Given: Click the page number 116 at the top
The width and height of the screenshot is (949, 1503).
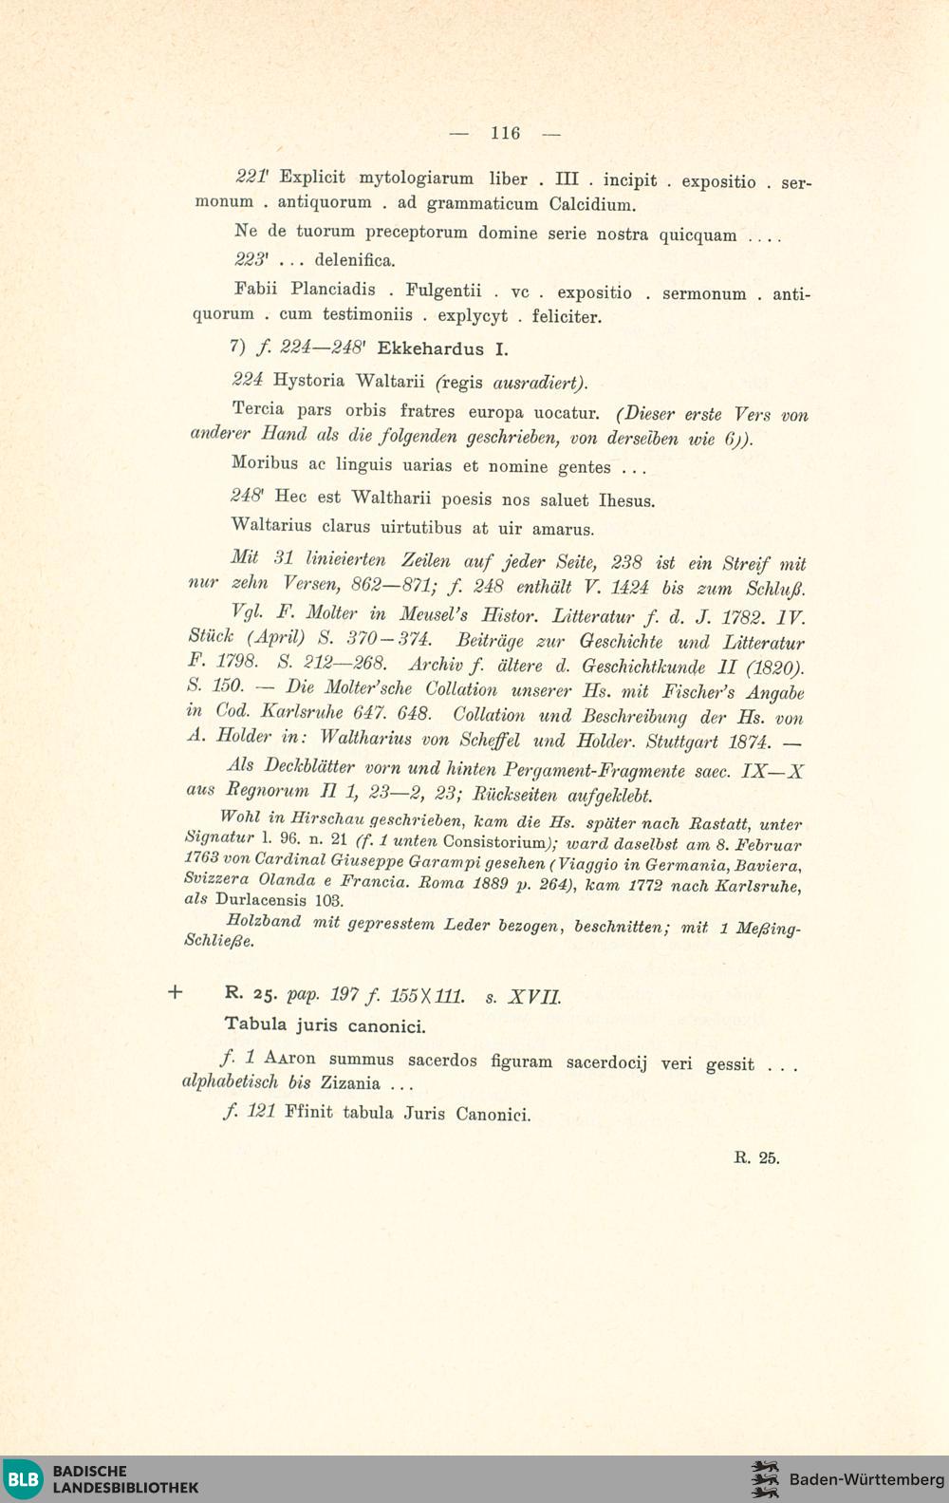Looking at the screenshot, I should pos(505,133).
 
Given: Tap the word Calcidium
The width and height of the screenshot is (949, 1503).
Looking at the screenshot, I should pos(592,204).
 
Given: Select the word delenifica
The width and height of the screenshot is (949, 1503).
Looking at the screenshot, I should pos(355,260).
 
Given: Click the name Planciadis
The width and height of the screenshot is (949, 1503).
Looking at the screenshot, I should pos(333,290).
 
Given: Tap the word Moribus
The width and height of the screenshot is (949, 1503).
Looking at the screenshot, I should pos(265,463).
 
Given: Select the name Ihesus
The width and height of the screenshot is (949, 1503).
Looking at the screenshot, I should pos(626,500).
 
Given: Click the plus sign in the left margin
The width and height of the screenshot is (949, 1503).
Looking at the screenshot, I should pos(175,992).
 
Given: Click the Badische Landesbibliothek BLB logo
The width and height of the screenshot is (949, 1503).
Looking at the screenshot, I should pos(23,1479).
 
